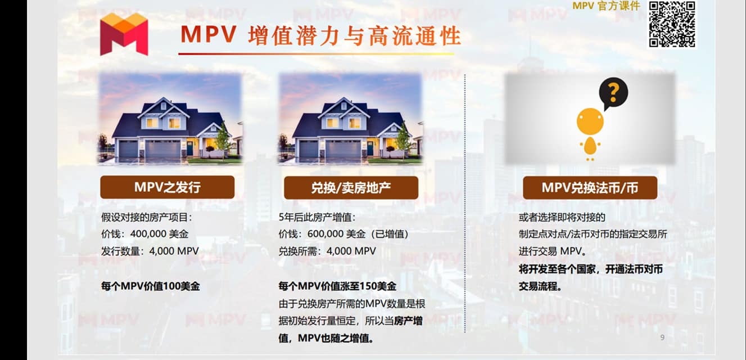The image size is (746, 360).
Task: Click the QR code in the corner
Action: [x=672, y=24]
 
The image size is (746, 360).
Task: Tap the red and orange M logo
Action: [x=124, y=34]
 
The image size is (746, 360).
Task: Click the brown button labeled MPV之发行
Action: [x=167, y=187]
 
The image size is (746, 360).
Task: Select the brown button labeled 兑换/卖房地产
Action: [x=351, y=188]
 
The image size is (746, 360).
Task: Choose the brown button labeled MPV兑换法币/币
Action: [x=590, y=188]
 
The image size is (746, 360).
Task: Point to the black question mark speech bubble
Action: [x=613, y=93]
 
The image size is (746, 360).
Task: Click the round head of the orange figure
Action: [x=590, y=121]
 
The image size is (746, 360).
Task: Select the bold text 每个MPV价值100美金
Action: [x=151, y=286]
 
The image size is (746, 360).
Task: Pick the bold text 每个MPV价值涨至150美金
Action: [x=338, y=286]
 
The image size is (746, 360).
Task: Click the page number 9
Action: [x=662, y=337]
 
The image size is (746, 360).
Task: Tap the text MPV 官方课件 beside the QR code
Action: [x=606, y=6]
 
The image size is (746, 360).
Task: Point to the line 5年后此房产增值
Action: [x=317, y=217]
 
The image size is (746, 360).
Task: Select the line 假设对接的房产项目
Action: [x=147, y=217]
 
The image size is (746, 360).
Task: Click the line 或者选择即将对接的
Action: [x=562, y=217]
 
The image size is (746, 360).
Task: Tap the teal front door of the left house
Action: [x=190, y=148]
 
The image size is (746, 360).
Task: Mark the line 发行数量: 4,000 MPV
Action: [x=150, y=251]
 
